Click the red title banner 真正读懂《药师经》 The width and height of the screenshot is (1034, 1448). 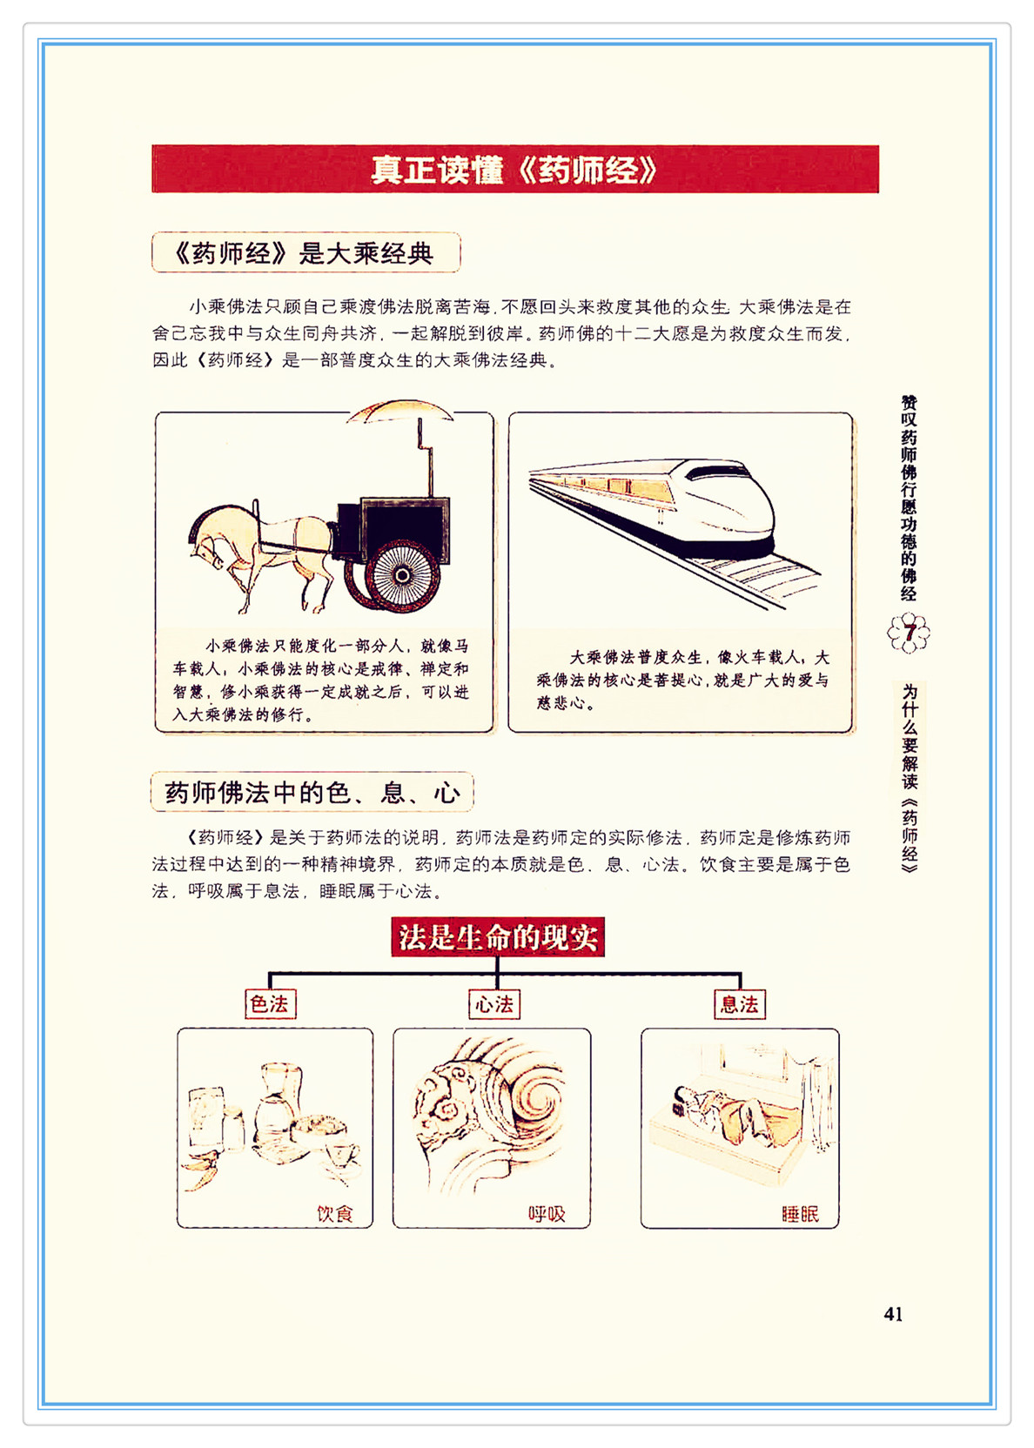click(x=514, y=170)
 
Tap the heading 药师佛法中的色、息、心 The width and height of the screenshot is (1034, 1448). click(x=312, y=792)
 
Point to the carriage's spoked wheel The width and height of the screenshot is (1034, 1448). click(x=402, y=574)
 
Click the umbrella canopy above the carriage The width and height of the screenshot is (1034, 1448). click(x=399, y=411)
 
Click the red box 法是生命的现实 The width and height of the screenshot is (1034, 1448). click(x=498, y=936)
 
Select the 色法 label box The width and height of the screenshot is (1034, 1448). click(x=271, y=1004)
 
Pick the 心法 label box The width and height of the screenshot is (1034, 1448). click(x=494, y=1004)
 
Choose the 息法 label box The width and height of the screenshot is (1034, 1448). click(x=740, y=1004)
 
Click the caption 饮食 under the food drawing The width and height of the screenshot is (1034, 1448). click(x=335, y=1214)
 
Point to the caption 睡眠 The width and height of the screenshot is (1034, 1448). click(x=801, y=1214)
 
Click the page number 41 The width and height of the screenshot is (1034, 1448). click(x=893, y=1313)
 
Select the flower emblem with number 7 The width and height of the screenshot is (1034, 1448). click(x=909, y=633)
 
